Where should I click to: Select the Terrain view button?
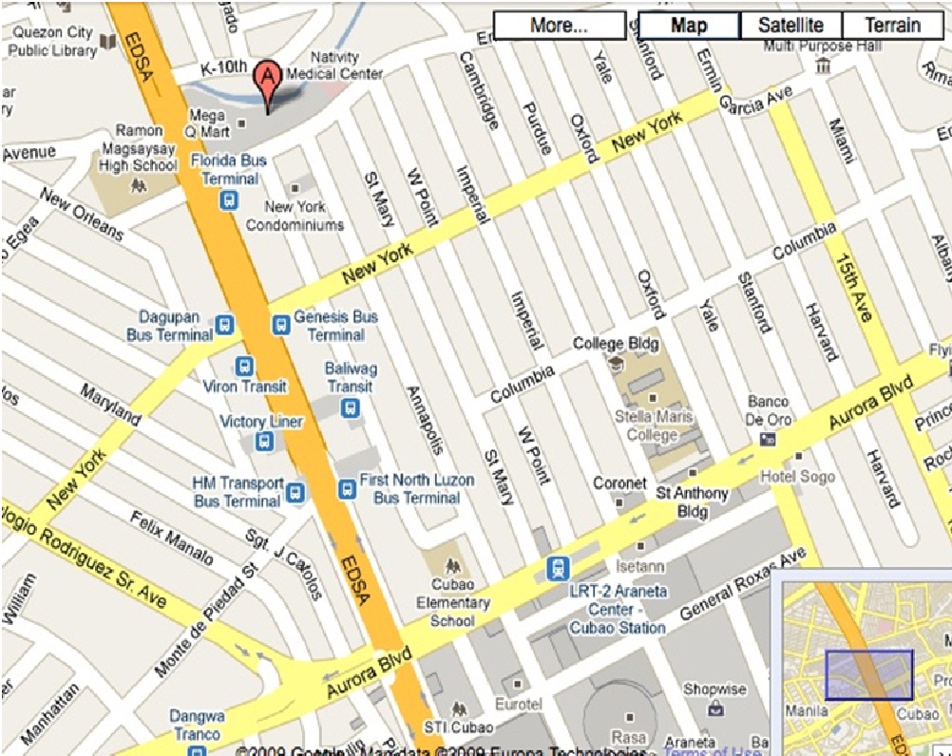[x=891, y=26]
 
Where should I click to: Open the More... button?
[x=559, y=26]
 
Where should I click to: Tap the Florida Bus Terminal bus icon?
[x=229, y=200]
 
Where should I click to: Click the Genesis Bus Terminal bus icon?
[x=280, y=325]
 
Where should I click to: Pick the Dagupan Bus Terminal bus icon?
[x=224, y=325]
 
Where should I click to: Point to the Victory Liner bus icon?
[x=265, y=441]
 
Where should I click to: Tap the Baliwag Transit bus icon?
[x=350, y=408]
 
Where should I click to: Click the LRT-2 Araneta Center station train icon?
[x=557, y=568]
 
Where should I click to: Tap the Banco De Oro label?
[x=768, y=411]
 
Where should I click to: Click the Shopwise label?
[x=714, y=690]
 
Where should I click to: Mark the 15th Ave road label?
[x=853, y=286]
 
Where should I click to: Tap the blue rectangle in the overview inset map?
[x=868, y=674]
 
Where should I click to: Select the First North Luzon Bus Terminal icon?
[x=347, y=488]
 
